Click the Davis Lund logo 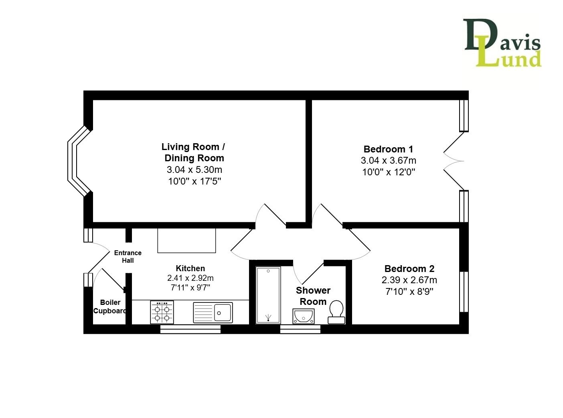(502, 43)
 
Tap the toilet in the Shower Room (336, 312)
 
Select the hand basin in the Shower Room (303, 316)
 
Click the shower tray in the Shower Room (268, 295)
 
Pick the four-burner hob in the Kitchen (162, 312)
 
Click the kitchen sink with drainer (213, 312)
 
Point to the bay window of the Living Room (79, 161)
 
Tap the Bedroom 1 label (388, 149)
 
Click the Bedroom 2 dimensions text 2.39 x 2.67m (409, 280)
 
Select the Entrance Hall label (128, 256)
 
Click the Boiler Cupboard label (110, 306)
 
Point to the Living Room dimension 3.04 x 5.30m (194, 169)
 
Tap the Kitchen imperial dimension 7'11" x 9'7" (190, 288)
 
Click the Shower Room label (313, 296)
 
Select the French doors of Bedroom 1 (454, 161)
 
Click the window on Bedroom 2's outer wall (464, 292)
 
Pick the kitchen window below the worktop (190, 329)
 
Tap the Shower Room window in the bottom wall (300, 329)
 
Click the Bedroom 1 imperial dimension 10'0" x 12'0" (388, 172)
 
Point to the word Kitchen (190, 268)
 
